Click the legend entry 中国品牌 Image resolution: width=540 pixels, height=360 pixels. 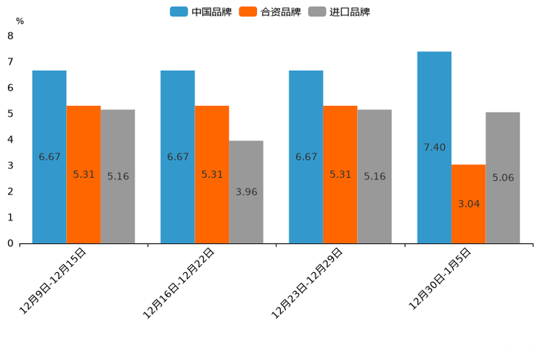pos(201,12)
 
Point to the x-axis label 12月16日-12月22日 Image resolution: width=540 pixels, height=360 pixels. pos(179,282)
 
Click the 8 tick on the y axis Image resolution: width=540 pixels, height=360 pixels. pos(10,36)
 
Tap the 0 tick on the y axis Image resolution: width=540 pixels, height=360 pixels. pos(10,243)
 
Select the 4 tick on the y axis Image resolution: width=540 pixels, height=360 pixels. pos(10,139)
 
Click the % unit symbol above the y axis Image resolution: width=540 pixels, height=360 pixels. pos(20,21)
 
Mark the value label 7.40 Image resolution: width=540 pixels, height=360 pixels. pos(434,147)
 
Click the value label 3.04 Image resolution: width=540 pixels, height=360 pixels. pos(468,204)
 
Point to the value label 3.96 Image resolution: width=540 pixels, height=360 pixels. pos(246,192)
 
